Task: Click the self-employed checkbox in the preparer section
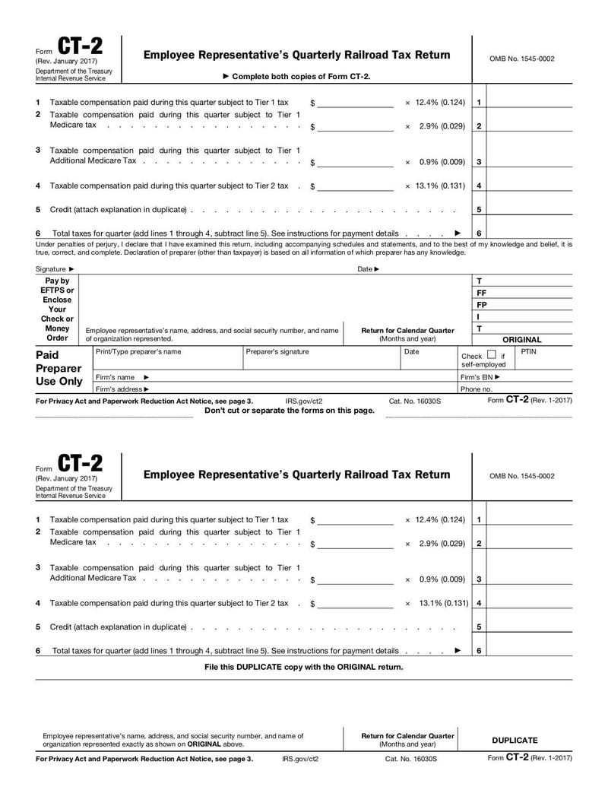[x=491, y=354]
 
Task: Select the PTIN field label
[x=529, y=352]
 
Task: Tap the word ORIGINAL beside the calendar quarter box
[x=522, y=340]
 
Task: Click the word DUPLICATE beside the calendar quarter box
[x=515, y=740]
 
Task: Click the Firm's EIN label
[x=480, y=377]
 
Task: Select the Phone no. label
[x=477, y=389]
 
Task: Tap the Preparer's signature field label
[x=278, y=352]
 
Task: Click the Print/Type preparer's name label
[x=138, y=352]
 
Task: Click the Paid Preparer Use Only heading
[x=59, y=368]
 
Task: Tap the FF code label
[x=481, y=293]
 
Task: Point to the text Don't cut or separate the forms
[x=290, y=411]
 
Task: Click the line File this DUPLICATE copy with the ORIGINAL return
[x=304, y=667]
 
